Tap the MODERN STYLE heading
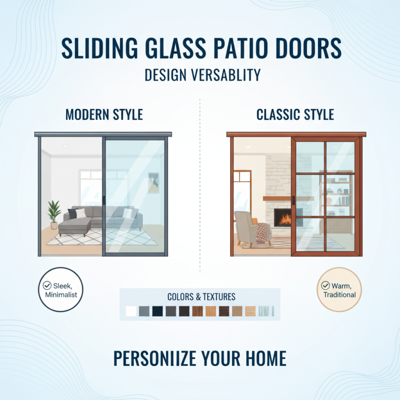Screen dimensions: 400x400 [x=104, y=114]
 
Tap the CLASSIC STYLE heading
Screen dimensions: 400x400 [x=295, y=114]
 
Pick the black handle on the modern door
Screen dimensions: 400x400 [x=103, y=200]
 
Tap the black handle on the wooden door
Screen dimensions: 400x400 [x=294, y=200]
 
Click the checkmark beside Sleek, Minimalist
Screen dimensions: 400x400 [x=47, y=285]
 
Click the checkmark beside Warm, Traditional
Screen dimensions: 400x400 [x=326, y=286]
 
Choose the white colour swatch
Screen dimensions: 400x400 [x=131, y=311]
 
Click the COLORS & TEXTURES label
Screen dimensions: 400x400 [x=201, y=297]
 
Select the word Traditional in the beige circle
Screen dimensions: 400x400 [x=339, y=294]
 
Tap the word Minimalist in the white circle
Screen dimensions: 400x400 [x=60, y=294]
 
